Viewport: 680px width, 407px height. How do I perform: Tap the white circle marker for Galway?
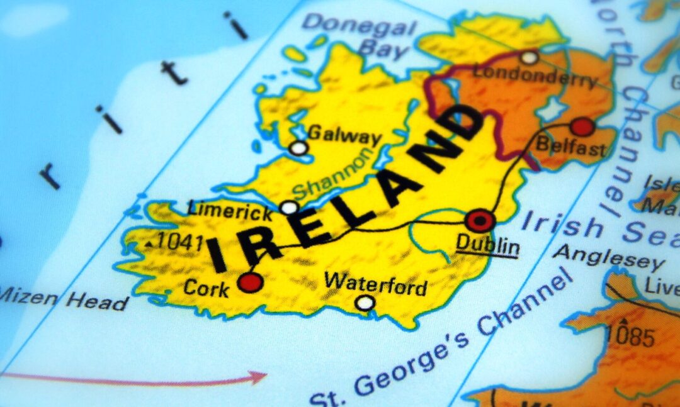pos(299,148)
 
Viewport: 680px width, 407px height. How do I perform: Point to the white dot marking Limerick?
pos(289,207)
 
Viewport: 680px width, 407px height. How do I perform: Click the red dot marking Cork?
pos(251,282)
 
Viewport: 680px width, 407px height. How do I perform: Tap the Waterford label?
pos(376,284)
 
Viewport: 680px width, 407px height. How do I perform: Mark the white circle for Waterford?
pos(365,303)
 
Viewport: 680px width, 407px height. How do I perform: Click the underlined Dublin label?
pos(488,245)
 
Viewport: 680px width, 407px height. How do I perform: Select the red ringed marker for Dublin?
pos(480,221)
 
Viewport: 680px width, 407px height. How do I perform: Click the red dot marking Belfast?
pos(582,126)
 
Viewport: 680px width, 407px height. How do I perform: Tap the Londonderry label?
pos(535,76)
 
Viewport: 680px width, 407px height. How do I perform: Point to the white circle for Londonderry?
pos(530,58)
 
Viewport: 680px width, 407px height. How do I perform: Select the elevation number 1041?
pos(180,241)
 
